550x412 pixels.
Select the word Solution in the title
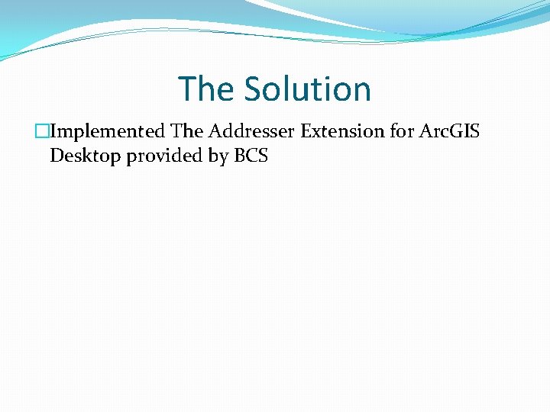coord(308,89)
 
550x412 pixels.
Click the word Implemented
coord(108,131)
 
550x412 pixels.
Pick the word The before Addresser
coord(186,131)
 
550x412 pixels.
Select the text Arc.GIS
coord(450,131)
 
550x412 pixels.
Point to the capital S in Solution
coord(253,89)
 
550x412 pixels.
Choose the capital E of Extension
coord(306,131)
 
